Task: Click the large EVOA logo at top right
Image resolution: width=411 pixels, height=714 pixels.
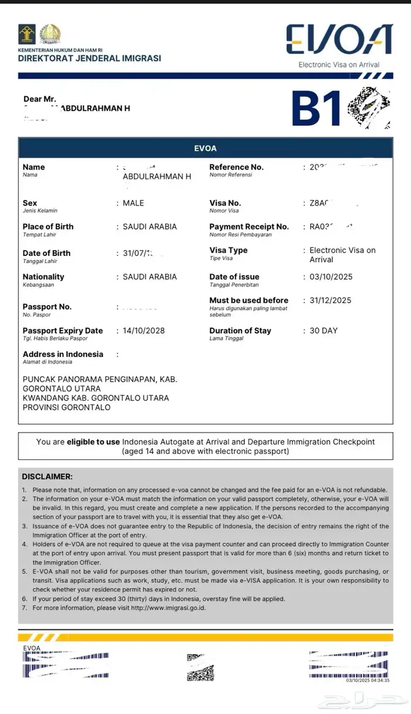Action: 339,39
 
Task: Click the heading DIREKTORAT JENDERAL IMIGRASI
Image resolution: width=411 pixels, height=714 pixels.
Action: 89,58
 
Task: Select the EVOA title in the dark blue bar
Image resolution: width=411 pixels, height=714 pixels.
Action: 206,149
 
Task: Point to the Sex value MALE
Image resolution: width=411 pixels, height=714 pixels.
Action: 133,203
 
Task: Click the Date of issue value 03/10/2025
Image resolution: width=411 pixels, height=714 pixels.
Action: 331,277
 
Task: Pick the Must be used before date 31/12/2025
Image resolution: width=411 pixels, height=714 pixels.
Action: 331,301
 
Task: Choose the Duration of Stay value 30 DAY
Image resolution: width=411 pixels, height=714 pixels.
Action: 324,331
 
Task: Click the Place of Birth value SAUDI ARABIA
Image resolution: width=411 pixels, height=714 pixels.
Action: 149,227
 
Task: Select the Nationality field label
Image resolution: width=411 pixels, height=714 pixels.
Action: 43,277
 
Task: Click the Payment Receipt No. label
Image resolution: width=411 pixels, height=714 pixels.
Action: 249,227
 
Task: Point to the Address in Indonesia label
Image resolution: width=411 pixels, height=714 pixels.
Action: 63,354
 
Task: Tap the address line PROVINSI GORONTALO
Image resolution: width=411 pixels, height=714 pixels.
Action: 66,407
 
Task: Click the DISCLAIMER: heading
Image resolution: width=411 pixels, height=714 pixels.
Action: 48,476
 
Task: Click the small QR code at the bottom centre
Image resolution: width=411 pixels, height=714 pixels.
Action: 200,667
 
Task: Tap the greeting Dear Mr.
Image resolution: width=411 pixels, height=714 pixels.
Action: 40,99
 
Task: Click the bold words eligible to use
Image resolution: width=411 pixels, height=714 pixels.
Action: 93,442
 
